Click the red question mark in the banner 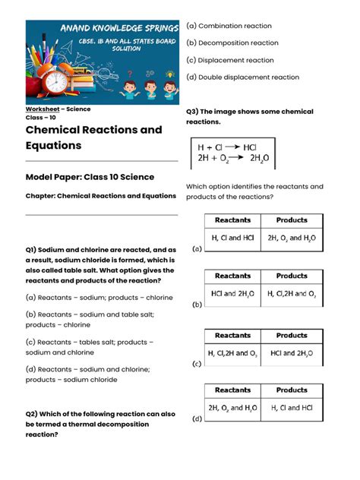tap(130, 74)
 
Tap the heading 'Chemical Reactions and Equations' tap(94, 137)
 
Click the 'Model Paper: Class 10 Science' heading tap(90, 177)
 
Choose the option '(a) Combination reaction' tap(229, 26)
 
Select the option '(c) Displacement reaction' tap(230, 60)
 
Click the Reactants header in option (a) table tap(232, 220)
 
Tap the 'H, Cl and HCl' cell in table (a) tap(232, 238)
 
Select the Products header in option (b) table tap(292, 276)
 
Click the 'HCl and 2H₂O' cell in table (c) tap(292, 352)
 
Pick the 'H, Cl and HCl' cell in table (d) tap(292, 408)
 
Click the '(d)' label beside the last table tap(197, 418)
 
